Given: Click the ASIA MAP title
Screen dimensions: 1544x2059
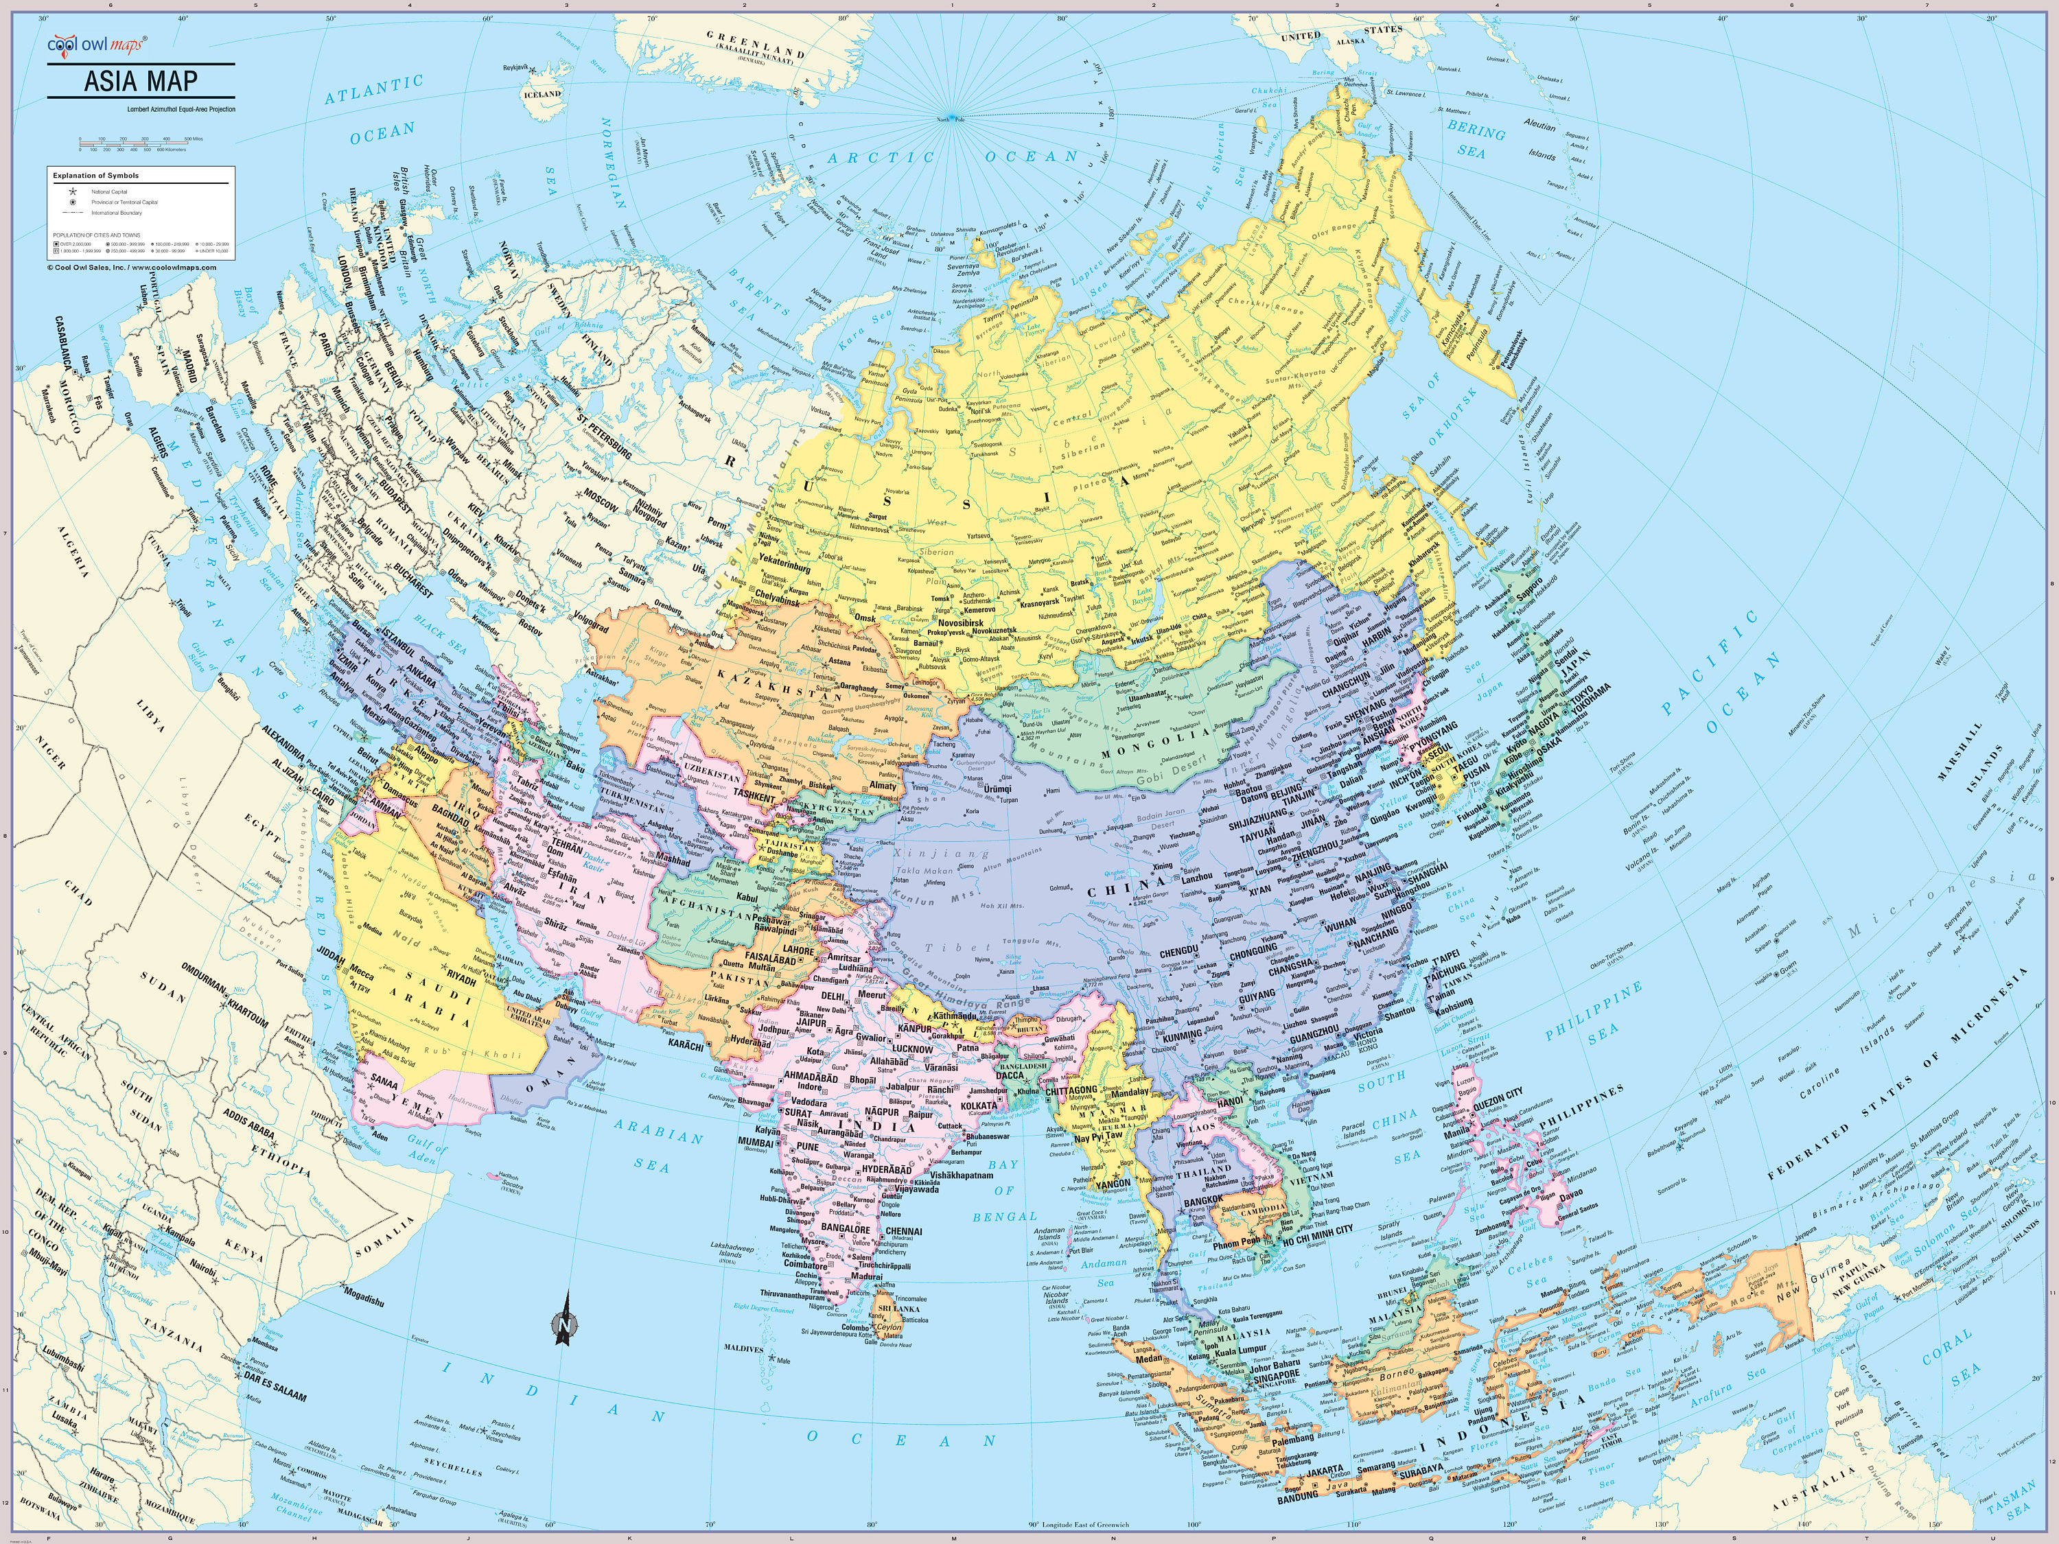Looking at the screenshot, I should (141, 81).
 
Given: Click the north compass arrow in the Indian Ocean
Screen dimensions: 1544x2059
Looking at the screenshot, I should (564, 1319).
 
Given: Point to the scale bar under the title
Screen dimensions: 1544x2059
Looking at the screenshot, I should (139, 143).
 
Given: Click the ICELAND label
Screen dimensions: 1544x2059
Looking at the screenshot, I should (543, 94).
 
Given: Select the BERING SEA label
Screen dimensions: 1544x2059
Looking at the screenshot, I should (1474, 139).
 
